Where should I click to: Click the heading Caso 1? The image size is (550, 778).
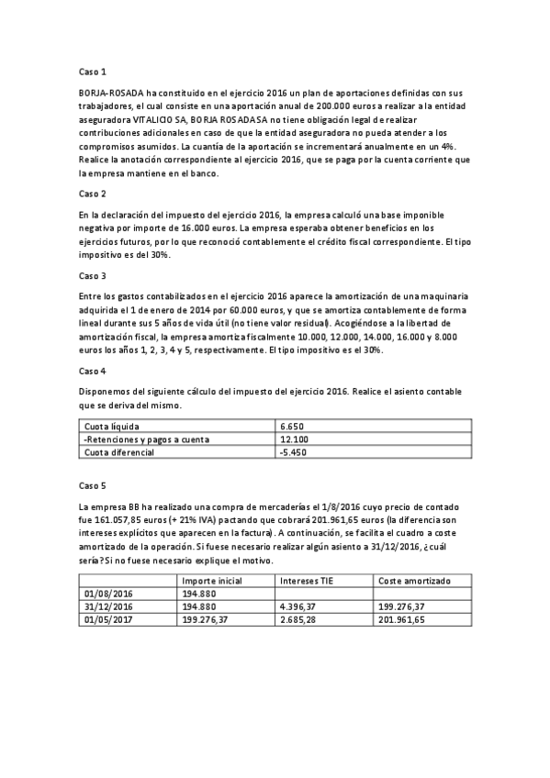95,71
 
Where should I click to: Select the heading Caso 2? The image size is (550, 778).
95,194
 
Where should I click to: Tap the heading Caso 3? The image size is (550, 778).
95,275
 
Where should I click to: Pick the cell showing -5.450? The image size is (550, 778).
296,452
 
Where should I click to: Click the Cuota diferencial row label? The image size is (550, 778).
120,452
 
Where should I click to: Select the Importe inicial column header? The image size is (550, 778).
214,582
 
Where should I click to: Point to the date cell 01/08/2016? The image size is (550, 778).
109,595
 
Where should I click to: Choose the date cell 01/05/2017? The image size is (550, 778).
109,620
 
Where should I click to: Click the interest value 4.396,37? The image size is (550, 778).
304,607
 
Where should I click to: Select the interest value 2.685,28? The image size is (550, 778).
304,620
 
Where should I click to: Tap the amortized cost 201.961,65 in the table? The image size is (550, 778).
405,620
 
